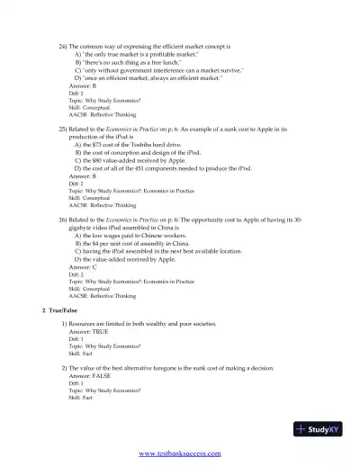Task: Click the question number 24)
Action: (63, 45)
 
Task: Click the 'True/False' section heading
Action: (61, 309)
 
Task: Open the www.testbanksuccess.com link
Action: (180, 453)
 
